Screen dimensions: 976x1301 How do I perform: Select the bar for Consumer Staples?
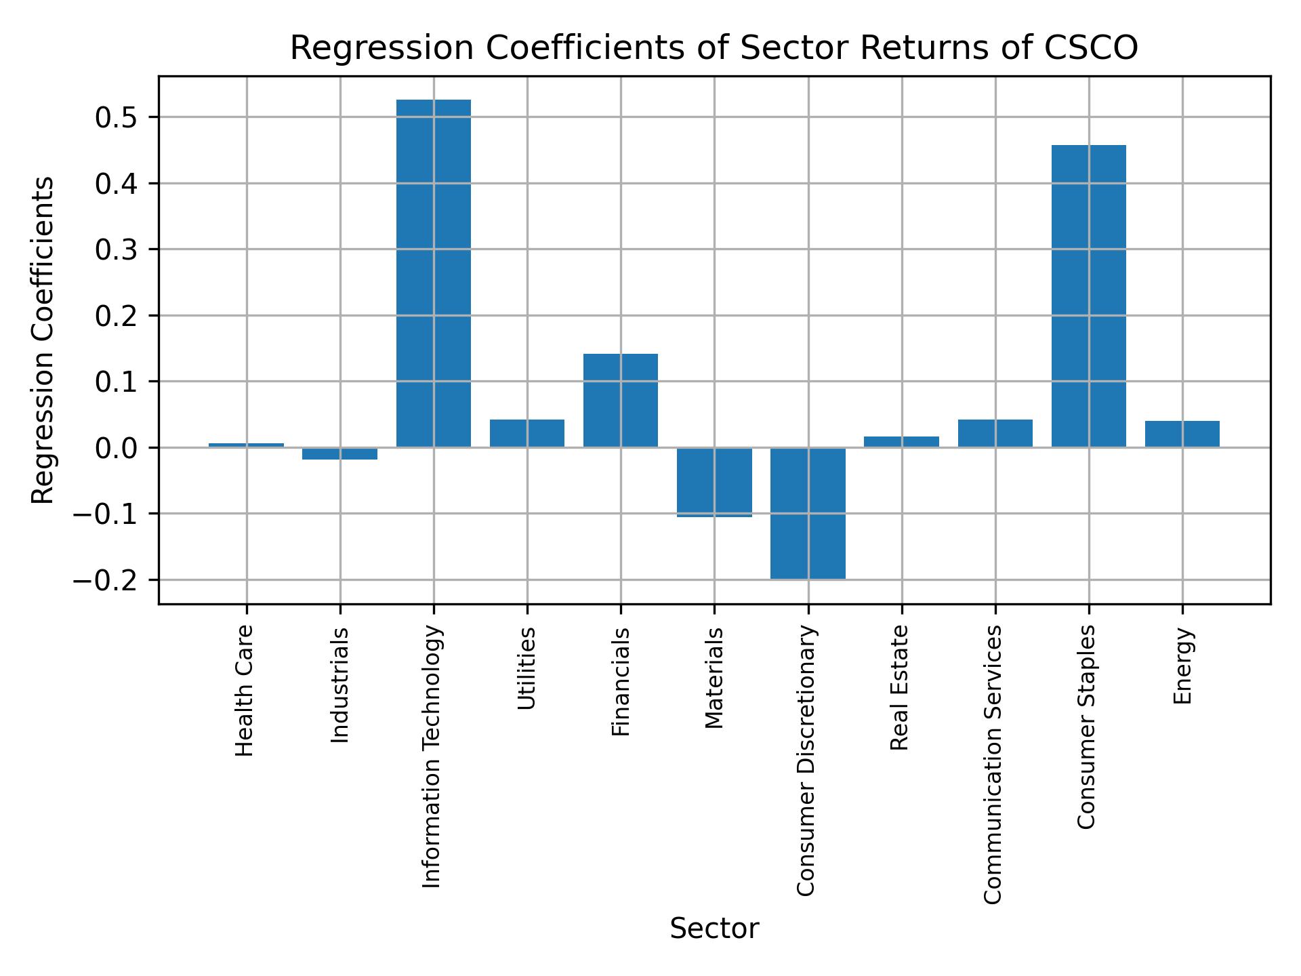point(1088,296)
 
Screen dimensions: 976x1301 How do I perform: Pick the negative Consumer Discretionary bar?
point(808,513)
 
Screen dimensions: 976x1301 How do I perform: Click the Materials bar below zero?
point(714,482)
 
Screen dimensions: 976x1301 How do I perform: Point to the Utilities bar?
point(527,433)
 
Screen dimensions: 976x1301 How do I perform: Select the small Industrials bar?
point(340,453)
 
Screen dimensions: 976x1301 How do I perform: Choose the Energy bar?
point(1182,434)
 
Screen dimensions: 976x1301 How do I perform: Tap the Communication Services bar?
point(995,433)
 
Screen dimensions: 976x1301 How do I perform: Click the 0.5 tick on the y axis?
point(117,118)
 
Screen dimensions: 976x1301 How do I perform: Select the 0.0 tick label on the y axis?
point(117,449)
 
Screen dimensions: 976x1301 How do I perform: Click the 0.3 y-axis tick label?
point(117,250)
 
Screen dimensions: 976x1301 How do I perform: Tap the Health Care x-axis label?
point(245,691)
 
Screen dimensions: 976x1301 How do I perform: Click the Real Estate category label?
point(899,687)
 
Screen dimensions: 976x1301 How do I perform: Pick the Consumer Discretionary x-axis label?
point(806,760)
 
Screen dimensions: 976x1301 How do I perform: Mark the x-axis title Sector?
point(714,929)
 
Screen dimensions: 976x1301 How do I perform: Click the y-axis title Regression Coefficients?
point(43,340)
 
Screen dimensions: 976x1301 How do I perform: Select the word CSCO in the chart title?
point(1091,49)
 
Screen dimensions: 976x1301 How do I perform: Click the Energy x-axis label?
point(1182,666)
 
